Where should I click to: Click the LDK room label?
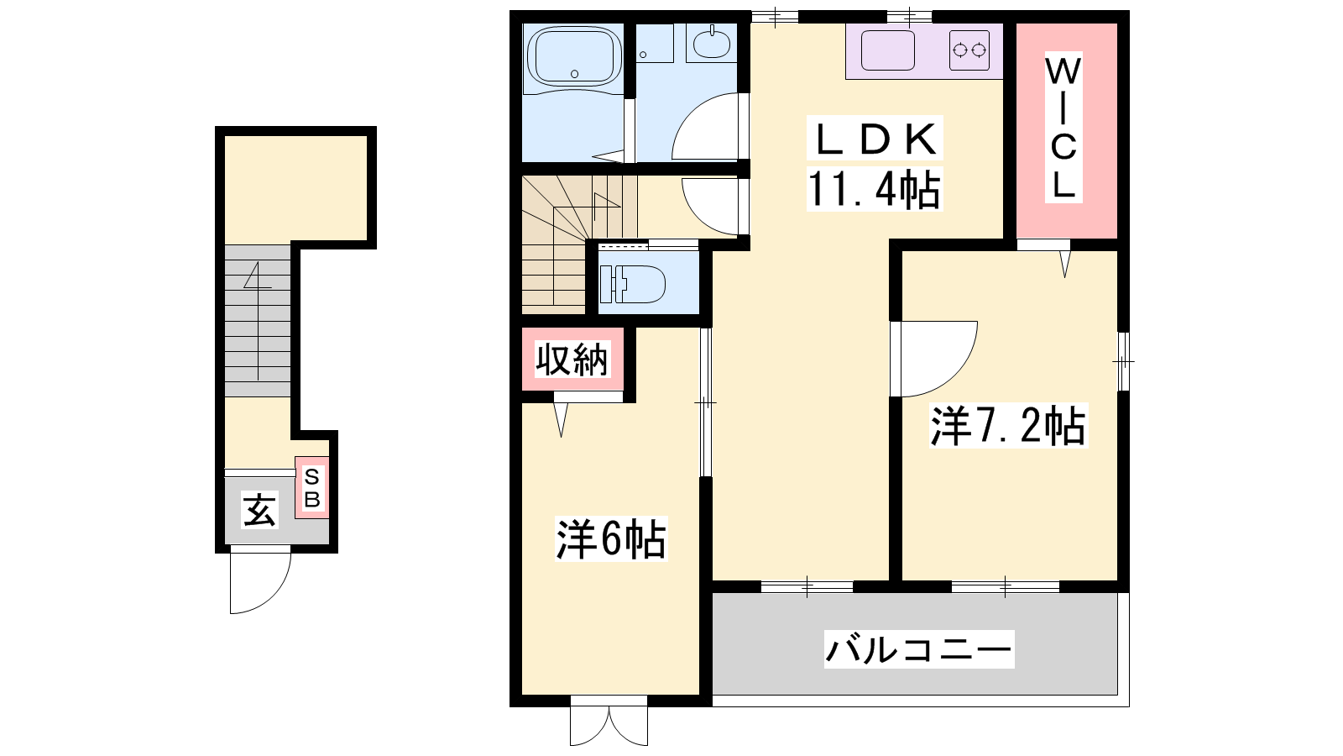(875, 139)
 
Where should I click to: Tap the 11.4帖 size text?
(874, 188)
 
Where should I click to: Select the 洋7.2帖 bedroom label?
(1008, 426)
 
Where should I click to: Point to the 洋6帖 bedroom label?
(611, 538)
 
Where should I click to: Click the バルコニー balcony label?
(919, 649)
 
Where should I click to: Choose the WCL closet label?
(1063, 127)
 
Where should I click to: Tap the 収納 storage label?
(572, 359)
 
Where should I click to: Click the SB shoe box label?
(311, 488)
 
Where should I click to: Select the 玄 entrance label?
(259, 510)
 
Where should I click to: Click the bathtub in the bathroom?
(574, 56)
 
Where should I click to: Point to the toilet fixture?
(632, 283)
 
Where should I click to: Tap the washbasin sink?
(712, 42)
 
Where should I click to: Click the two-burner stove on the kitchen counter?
(969, 50)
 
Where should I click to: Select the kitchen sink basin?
(888, 50)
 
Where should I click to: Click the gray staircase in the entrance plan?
(258, 320)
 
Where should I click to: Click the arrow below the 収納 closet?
(562, 419)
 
